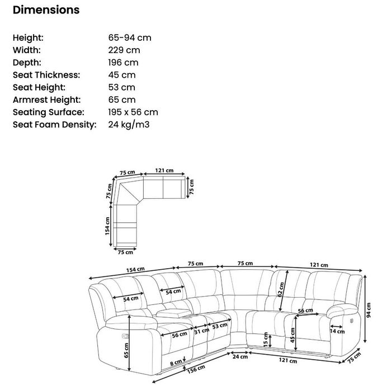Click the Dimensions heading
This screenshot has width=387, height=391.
click(46, 10)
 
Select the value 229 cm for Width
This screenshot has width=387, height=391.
click(124, 50)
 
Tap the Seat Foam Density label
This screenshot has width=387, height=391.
click(54, 125)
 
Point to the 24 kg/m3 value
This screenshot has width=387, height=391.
click(129, 125)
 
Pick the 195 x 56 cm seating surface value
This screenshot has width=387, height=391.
click(133, 112)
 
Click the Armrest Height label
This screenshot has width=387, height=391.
click(46, 100)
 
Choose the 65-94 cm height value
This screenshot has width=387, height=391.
click(130, 37)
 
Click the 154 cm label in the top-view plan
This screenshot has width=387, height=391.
click(107, 226)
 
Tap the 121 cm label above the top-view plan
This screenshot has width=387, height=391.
click(164, 170)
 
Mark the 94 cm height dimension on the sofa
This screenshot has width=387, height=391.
click(369, 310)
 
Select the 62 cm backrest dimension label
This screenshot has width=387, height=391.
click(281, 289)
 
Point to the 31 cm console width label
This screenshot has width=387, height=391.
click(202, 331)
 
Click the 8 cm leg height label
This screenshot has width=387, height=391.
click(176, 363)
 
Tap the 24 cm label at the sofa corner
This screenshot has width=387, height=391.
click(240, 356)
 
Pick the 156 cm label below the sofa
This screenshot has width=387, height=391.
click(196, 369)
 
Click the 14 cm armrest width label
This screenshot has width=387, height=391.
click(337, 331)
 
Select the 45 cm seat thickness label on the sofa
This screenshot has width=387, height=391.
click(292, 335)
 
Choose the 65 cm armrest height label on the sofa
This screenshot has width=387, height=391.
click(126, 350)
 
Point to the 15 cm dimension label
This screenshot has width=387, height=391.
click(266, 340)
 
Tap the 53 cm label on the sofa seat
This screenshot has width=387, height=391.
click(220, 326)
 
